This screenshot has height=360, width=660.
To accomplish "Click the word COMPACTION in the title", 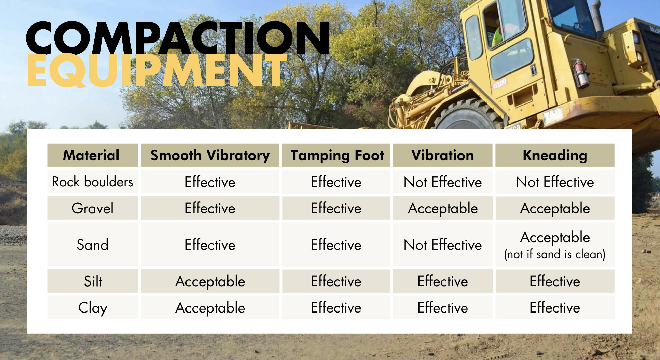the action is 177,38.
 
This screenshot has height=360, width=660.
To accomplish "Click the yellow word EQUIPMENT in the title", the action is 157,70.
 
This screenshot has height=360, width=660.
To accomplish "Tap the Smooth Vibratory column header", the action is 210,155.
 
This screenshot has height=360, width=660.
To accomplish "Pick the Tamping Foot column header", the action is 337,155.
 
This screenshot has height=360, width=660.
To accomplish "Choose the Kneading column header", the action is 555,155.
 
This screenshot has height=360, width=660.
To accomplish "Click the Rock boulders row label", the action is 93,182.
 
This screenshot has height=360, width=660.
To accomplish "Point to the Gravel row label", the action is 93,208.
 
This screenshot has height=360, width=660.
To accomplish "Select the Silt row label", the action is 93,281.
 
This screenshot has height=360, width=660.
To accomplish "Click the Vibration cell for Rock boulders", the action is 443,182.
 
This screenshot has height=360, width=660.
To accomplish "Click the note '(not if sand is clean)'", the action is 555,254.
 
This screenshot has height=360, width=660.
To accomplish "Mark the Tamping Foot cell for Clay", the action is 336,307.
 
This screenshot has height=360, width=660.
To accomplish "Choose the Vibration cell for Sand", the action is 443,245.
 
